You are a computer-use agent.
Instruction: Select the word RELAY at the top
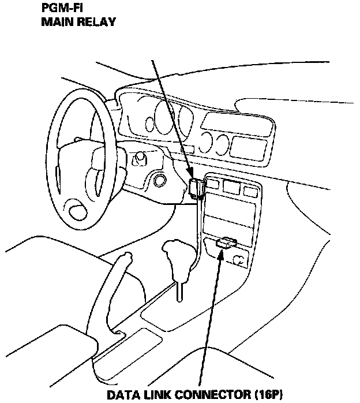[96, 23]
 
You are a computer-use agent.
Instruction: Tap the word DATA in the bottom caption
[125, 395]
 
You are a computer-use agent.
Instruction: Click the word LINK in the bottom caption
[162, 395]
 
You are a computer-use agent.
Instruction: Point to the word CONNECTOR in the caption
[216, 395]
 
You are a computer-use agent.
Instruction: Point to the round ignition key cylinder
[159, 181]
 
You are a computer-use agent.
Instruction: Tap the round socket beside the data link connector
[237, 263]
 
